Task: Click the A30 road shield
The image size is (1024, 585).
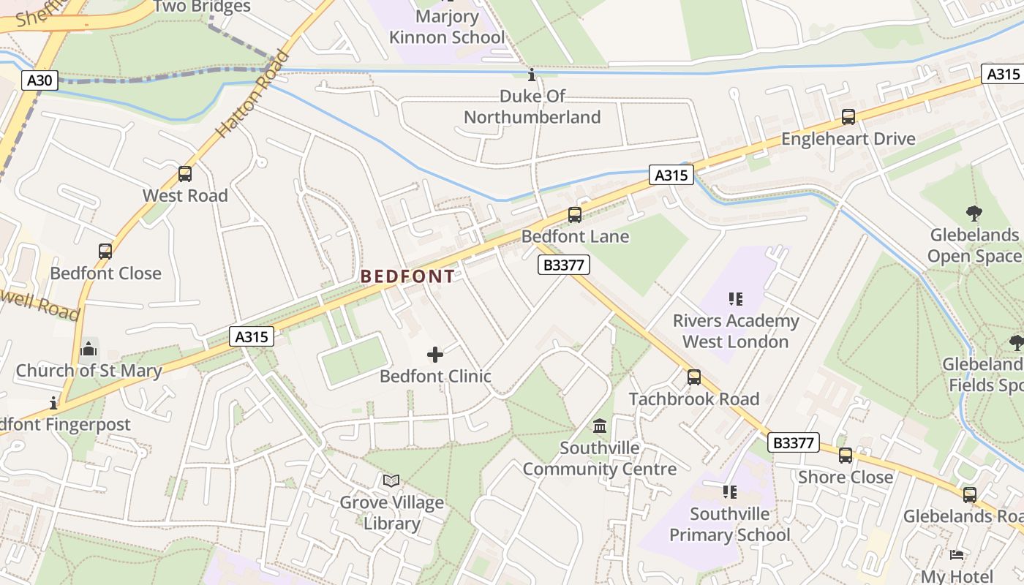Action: (39, 80)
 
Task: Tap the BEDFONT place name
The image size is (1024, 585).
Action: (407, 276)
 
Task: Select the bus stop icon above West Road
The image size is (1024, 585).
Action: (185, 174)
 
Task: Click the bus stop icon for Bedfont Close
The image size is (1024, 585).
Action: (105, 252)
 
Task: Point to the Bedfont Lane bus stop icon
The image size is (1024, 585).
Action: (575, 215)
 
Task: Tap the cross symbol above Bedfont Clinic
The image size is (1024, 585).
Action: (435, 355)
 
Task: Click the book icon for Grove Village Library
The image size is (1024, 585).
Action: (391, 481)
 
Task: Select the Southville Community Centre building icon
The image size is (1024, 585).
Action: (600, 426)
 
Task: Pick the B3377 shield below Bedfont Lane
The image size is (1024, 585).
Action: (563, 265)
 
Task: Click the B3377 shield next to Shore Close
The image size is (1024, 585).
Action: (793, 442)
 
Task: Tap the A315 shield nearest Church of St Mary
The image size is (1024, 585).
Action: (252, 336)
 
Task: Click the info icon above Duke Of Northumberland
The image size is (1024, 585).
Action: (532, 75)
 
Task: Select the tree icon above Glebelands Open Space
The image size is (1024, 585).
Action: (974, 214)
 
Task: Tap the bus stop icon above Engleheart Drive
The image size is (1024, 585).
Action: (848, 117)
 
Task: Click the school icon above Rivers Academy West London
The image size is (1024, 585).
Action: (735, 299)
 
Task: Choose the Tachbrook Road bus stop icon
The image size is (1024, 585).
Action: (693, 377)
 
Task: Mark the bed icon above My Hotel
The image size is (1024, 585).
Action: (956, 555)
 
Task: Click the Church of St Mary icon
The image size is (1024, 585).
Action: (89, 349)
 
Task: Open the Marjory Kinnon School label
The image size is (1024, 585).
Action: (447, 26)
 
